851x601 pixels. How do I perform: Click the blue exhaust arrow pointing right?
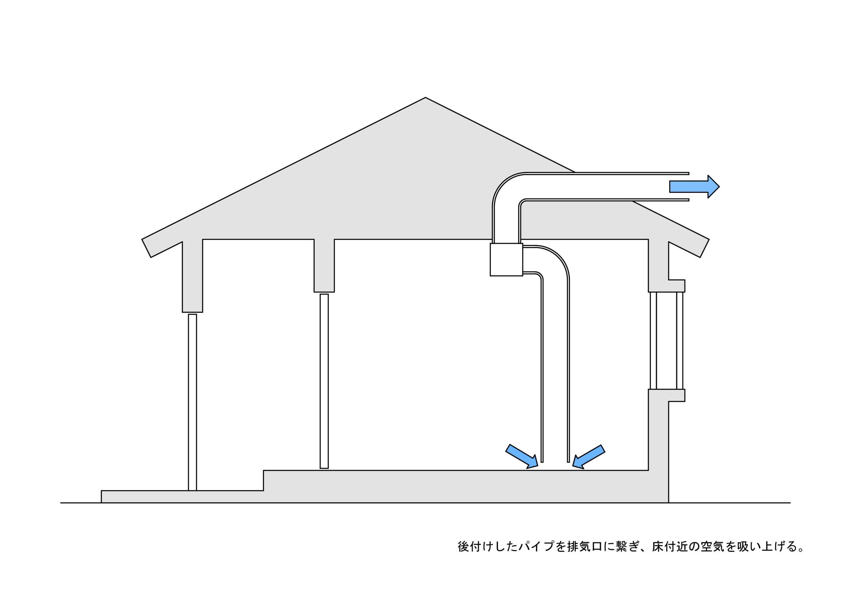693,187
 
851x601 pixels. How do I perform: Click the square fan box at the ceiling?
506,259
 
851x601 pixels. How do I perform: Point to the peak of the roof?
425,99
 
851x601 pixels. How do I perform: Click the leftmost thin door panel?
192,402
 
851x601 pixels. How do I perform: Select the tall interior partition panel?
324,381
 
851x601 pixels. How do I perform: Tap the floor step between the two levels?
264,481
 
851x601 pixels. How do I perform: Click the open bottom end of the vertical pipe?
555,461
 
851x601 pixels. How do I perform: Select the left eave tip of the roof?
146,248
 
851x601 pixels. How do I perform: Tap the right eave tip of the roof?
704,248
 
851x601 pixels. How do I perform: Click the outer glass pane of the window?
679,340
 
